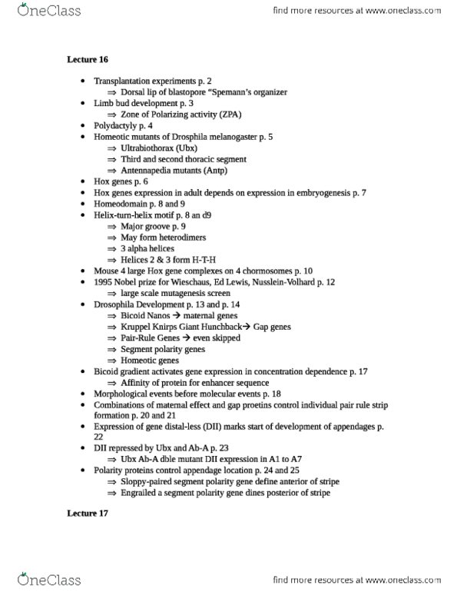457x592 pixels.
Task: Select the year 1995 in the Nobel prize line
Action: tap(104, 282)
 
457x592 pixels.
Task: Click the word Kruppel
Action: tap(136, 327)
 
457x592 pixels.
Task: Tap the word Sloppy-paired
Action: tap(147, 481)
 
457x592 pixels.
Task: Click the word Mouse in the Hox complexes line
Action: tap(106, 271)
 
